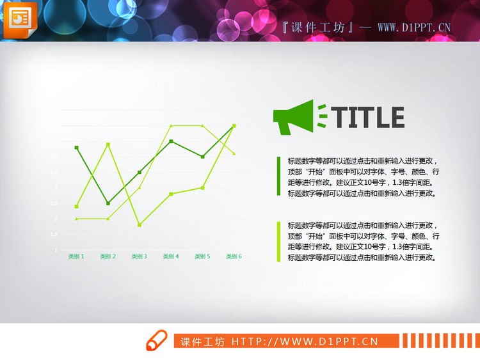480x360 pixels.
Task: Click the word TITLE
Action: (x=370, y=118)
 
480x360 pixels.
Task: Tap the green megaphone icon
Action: (x=294, y=117)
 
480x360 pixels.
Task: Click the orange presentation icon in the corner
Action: (x=20, y=19)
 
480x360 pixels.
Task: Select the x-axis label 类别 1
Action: (x=76, y=256)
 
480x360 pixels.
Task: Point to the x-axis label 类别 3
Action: (x=140, y=256)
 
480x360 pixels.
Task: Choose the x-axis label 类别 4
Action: (x=171, y=256)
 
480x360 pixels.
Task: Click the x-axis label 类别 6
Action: (x=234, y=256)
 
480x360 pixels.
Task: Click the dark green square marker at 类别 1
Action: (x=77, y=148)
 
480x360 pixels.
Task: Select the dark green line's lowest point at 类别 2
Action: (x=108, y=203)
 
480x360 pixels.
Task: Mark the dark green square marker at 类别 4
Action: (x=171, y=141)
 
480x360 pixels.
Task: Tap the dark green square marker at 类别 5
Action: (x=202, y=157)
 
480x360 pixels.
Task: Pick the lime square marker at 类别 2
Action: (x=108, y=145)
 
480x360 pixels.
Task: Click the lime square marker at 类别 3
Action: (x=140, y=225)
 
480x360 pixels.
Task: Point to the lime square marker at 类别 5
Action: (x=202, y=188)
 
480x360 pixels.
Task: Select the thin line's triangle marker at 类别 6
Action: (x=234, y=153)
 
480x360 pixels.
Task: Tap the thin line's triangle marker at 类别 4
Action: (x=171, y=126)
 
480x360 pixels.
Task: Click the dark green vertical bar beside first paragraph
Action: (x=278, y=176)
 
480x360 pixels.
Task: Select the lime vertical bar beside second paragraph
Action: (x=278, y=241)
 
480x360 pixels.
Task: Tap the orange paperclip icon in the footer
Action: (x=156, y=341)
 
